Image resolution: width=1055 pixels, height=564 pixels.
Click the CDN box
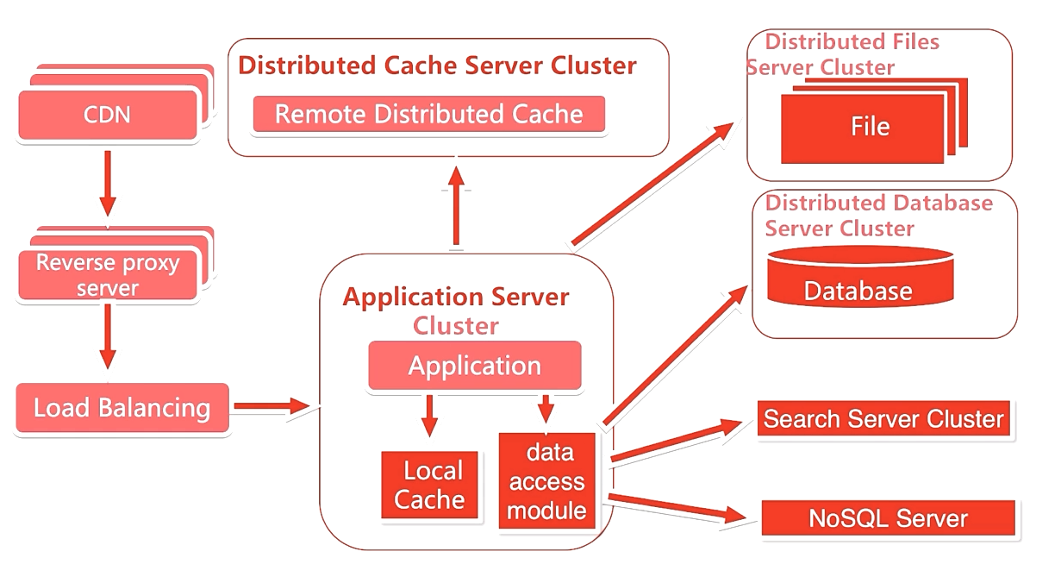pos(108,116)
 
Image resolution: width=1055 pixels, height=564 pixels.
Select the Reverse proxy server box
pos(108,274)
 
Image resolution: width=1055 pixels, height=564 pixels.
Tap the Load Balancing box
pos(122,408)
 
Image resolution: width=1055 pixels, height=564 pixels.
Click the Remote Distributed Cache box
pos(428,114)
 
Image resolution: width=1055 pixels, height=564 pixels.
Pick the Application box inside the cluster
pos(474,366)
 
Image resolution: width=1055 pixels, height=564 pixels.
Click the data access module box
pos(546,482)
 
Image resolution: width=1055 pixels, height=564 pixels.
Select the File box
pos(869,128)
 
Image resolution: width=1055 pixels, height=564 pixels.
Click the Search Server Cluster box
pos(883,419)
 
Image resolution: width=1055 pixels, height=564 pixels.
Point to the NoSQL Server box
pos(888,518)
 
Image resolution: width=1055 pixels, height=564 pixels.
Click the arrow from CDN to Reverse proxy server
pos(108,183)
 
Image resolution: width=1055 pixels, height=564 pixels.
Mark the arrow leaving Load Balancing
pos(271,405)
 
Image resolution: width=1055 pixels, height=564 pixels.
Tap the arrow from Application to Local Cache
pos(429,416)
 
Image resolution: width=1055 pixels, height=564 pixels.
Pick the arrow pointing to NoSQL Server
pos(677,507)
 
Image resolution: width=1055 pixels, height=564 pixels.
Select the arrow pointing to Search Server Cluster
pos(677,439)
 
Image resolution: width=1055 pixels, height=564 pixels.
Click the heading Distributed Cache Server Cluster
pos(437,66)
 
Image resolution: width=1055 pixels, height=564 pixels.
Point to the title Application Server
pos(456,298)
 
